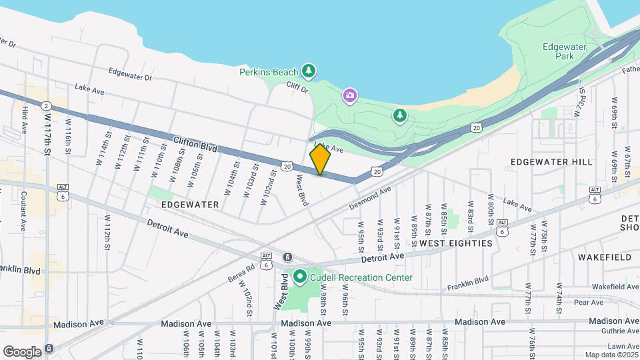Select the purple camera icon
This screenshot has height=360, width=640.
click(350, 97)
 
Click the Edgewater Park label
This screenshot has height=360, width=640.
click(558, 52)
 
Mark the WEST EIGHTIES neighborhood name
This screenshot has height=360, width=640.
click(455, 243)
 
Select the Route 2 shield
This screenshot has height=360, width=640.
click(46, 106)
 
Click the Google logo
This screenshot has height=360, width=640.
click(22, 351)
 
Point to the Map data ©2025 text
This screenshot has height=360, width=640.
click(611, 355)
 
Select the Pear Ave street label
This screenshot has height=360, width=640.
click(587, 302)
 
